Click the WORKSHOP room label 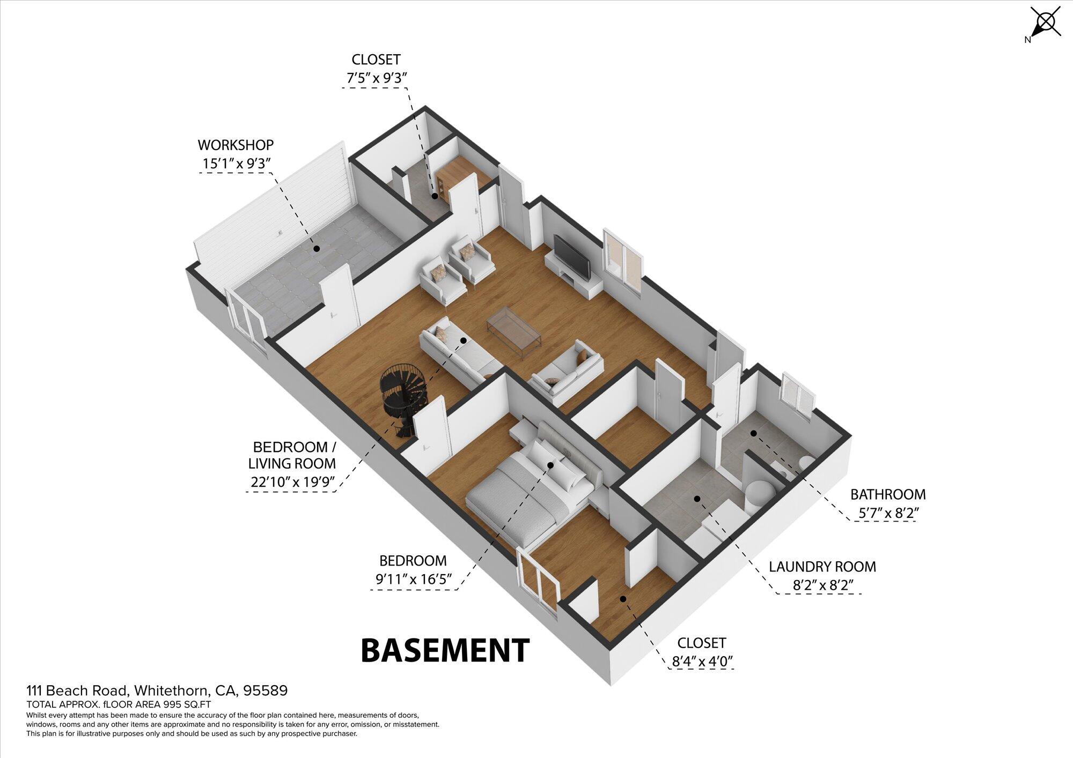click(236, 145)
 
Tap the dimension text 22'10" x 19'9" click(292, 482)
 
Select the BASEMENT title click(445, 650)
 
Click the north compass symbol click(1044, 24)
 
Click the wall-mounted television click(571, 257)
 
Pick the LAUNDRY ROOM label click(822, 567)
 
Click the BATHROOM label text click(888, 494)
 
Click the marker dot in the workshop click(317, 249)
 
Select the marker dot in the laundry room click(697, 499)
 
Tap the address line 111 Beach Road click(157, 690)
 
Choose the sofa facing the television click(564, 373)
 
